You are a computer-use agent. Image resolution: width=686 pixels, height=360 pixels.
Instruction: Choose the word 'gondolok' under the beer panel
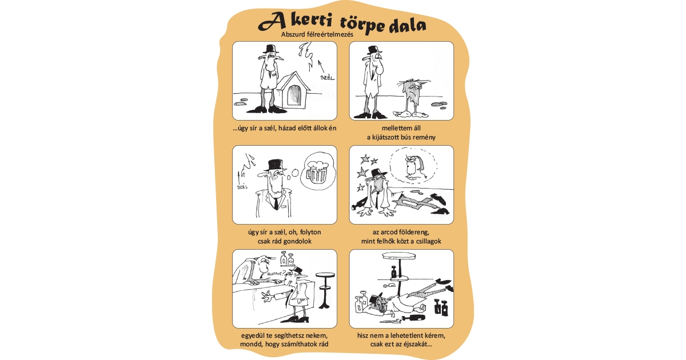point(297,241)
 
